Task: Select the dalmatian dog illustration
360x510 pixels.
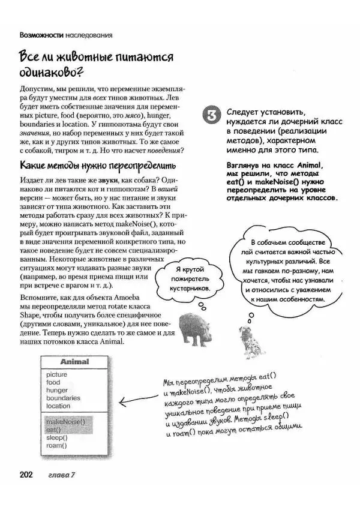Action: click(248, 335)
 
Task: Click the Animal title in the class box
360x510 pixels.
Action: click(74, 362)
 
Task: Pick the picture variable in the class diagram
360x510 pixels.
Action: click(57, 374)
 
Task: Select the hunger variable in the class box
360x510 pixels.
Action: click(57, 390)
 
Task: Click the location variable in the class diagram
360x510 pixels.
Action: click(58, 406)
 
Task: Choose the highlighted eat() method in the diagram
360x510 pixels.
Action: click(54, 430)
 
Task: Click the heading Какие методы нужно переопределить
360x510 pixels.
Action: click(98, 165)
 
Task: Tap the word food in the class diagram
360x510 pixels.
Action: click(53, 382)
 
